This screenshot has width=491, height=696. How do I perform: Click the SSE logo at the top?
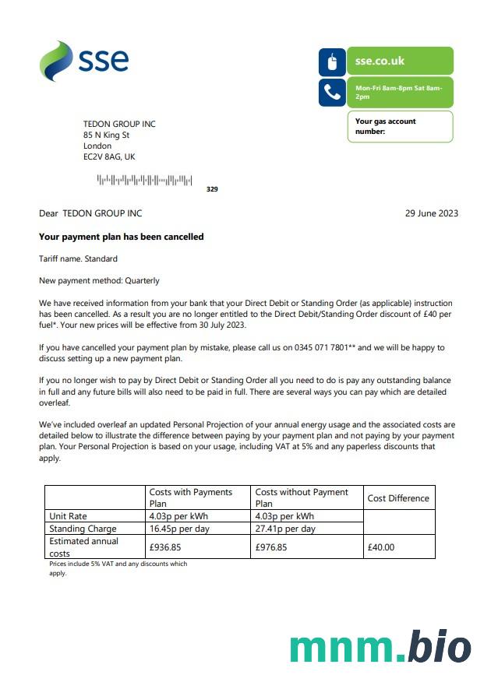click(84, 61)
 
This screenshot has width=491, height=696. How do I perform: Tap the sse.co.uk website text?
click(380, 61)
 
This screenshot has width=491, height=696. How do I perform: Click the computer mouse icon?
click(332, 62)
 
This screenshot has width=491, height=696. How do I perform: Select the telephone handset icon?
click(332, 93)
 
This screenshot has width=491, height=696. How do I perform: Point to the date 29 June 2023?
click(432, 213)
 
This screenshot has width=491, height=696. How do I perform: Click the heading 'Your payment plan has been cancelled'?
click(122, 237)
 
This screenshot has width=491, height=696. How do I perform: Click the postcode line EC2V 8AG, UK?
click(109, 156)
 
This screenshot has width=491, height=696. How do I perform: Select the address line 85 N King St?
click(107, 135)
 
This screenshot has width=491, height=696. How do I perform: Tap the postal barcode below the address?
click(144, 181)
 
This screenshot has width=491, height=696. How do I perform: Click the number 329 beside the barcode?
click(212, 189)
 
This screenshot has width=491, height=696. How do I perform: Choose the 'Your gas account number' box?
click(400, 126)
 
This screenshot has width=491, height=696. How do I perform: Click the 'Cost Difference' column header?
click(398, 498)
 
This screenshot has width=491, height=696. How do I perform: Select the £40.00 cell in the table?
click(381, 547)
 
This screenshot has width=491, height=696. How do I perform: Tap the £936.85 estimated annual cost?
click(165, 547)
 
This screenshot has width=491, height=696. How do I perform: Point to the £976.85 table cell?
click(271, 547)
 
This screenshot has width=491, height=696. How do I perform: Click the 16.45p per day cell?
click(178, 529)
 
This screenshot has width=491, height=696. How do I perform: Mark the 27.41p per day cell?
click(285, 529)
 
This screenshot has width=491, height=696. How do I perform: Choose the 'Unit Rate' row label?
click(68, 516)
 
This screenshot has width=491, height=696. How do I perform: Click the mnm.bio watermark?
click(380, 648)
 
